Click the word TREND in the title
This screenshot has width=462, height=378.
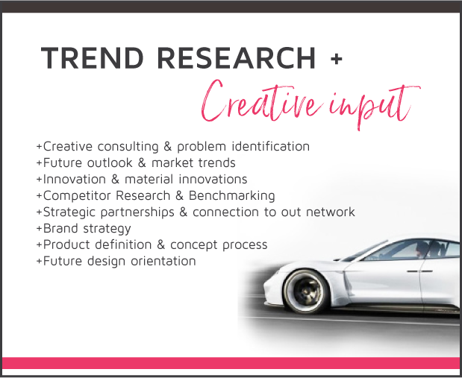click(x=93, y=58)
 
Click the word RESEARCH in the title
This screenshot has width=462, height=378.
click(x=237, y=58)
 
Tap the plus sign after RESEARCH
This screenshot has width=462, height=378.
click(x=336, y=58)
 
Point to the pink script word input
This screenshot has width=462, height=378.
click(x=375, y=106)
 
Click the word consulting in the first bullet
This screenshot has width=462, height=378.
click(x=128, y=147)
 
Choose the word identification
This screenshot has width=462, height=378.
click(x=271, y=146)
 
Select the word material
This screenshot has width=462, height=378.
click(x=149, y=179)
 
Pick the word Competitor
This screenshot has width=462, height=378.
click(x=77, y=196)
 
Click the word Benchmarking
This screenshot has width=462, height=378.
click(x=231, y=196)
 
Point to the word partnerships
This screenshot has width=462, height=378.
click(x=137, y=212)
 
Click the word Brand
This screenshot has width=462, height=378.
click(x=61, y=228)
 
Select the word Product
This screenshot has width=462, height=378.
click(x=66, y=245)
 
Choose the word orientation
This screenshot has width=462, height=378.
click(x=163, y=261)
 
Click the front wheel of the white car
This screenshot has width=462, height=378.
click(x=306, y=292)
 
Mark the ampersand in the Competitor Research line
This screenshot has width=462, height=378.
click(x=179, y=196)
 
